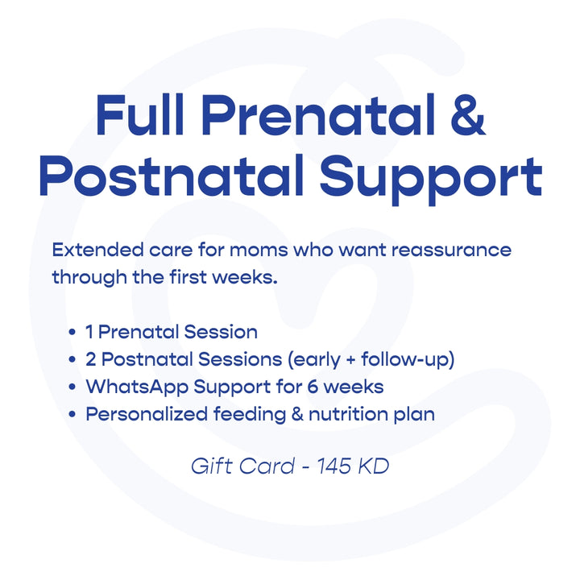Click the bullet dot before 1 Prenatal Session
[x=73, y=332]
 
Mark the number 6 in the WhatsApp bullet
[x=313, y=387]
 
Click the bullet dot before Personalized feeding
[x=73, y=414]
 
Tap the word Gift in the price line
[x=209, y=466]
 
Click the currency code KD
[x=375, y=466]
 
